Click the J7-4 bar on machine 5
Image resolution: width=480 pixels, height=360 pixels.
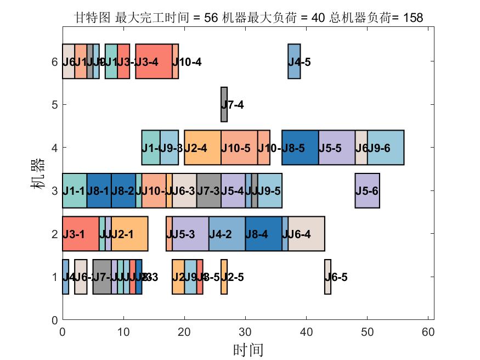click(224, 104)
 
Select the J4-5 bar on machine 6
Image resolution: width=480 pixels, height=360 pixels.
click(294, 61)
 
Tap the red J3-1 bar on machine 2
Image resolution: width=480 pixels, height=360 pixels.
click(81, 234)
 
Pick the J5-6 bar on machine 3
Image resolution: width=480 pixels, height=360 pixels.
click(367, 190)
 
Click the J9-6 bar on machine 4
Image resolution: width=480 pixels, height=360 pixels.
click(386, 148)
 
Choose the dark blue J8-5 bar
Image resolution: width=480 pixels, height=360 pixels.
click(300, 148)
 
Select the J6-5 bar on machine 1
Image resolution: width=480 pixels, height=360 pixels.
click(327, 277)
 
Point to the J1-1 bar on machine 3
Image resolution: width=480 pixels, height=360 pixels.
click(75, 190)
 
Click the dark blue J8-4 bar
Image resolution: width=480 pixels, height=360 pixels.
click(263, 234)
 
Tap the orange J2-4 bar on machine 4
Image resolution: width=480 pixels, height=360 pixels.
click(202, 148)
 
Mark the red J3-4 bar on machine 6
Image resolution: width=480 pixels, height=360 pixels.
click(154, 61)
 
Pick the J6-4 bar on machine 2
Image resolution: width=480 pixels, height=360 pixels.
click(306, 234)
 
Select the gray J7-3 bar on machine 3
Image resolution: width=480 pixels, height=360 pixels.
click(208, 190)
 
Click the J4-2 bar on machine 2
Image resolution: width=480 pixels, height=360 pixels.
click(227, 234)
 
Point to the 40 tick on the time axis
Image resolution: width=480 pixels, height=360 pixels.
click(306, 332)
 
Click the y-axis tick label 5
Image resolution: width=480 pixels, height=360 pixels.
click(54, 104)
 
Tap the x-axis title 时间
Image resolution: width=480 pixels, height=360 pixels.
click(248, 350)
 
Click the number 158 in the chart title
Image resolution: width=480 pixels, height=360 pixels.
click(413, 18)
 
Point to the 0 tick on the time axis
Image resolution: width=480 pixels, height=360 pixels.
click(63, 332)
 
